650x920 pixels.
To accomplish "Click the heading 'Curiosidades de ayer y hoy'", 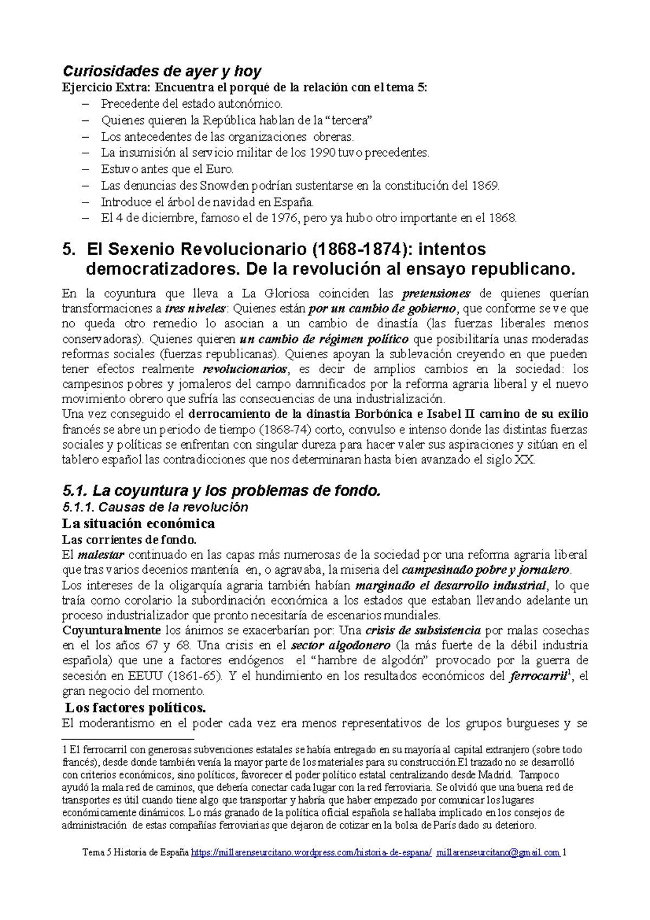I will (162, 71).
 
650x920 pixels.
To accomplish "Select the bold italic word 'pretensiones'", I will (436, 294).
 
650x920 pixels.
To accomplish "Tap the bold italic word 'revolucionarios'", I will (245, 370).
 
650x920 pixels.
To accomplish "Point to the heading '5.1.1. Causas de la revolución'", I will (155, 507).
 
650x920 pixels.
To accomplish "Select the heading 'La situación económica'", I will (138, 523).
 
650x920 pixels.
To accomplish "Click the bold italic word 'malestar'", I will (101, 555).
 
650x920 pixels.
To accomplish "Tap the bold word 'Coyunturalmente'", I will (111, 631).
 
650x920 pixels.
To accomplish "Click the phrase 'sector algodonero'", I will (340, 646).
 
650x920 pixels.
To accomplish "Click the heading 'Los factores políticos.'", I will (135, 708).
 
